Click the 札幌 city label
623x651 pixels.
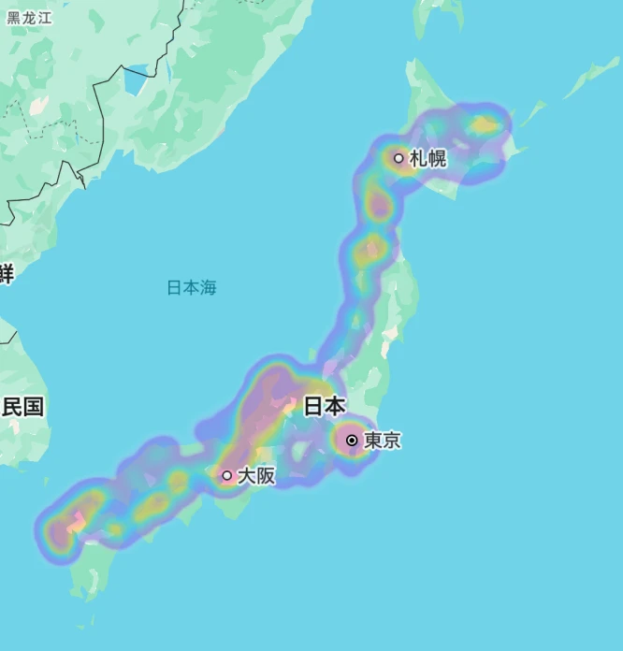coord(427,158)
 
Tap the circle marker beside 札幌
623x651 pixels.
coord(398,158)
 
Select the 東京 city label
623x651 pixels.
coord(382,440)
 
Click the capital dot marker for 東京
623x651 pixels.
coord(352,440)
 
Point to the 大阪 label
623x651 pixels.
coord(256,475)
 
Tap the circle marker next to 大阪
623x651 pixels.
coord(226,475)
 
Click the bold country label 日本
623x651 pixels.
coord(325,406)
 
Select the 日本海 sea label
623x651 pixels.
coord(192,287)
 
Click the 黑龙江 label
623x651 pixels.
coord(30,18)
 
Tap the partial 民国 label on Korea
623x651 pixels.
coord(22,406)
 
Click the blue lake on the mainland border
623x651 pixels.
coord(137,80)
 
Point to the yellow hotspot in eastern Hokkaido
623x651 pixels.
coord(485,123)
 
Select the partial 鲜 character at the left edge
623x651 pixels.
coord(7,274)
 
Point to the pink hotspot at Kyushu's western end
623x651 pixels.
coord(58,532)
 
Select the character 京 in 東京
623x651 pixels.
coord(391,440)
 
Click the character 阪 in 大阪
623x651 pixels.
coord(266,475)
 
